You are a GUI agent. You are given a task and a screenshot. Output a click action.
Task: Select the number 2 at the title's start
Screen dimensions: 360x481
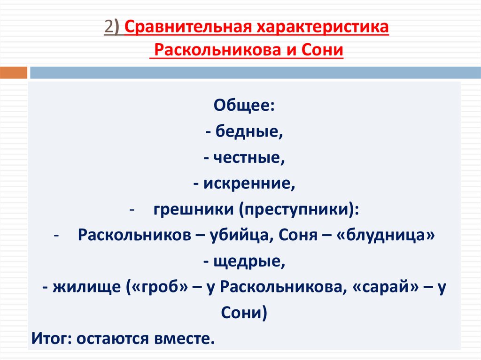click(108, 28)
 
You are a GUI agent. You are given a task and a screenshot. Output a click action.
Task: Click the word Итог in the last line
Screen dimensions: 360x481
click(49, 337)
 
